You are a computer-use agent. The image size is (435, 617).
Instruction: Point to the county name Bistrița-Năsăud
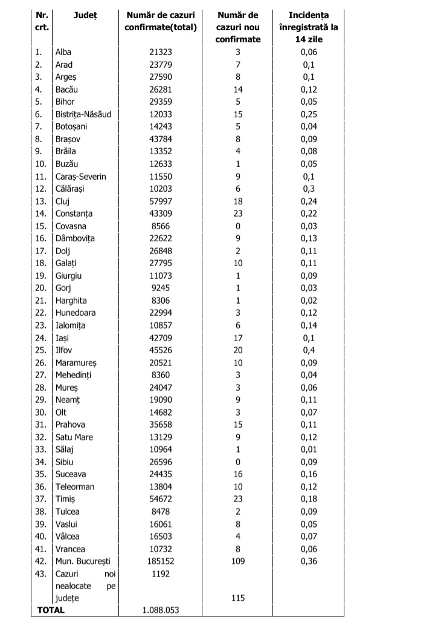point(83,114)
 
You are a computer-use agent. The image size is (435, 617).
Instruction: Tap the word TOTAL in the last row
point(51,610)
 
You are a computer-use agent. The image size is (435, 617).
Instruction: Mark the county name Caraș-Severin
point(80,176)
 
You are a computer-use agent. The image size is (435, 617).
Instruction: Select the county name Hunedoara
point(75,313)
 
